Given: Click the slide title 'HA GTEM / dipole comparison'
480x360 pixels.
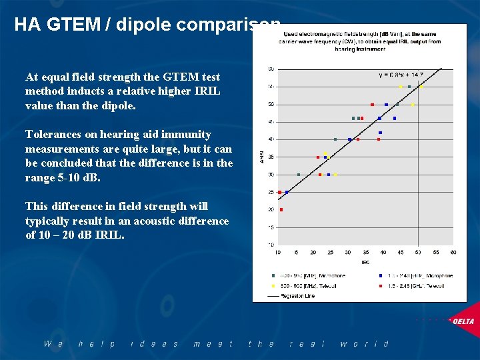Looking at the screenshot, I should (x=147, y=25).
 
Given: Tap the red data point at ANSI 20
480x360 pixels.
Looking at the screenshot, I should (x=281, y=209).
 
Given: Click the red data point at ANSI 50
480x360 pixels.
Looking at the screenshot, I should (x=372, y=105).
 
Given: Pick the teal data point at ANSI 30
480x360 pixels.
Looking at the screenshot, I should (x=299, y=175).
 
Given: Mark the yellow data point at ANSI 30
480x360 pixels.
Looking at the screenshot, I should (x=336, y=175).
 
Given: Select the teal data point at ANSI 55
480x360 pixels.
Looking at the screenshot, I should (x=409, y=87).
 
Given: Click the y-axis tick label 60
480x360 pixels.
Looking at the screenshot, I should (x=271, y=69).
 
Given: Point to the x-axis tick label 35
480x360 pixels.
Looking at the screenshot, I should (x=365, y=252).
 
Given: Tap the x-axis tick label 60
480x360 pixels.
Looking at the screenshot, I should (x=453, y=252).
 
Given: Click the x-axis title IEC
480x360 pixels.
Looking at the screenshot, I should (x=365, y=261).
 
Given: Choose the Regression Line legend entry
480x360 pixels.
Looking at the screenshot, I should (x=293, y=295).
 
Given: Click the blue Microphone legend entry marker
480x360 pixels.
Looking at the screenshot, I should (x=380, y=275).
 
